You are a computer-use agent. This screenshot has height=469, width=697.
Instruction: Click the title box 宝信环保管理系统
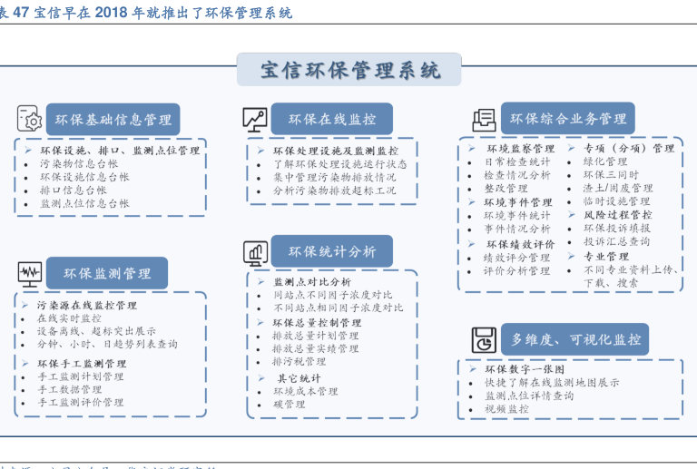[x=349, y=70]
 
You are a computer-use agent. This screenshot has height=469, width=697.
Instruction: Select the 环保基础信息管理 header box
[x=113, y=120]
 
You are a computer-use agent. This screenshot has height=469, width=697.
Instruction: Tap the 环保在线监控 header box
[x=332, y=120]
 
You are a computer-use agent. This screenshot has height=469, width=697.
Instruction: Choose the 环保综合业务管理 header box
[x=568, y=119]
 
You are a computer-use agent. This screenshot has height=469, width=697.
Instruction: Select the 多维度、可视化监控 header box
[x=575, y=339]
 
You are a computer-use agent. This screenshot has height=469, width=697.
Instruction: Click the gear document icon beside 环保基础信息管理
[x=30, y=120]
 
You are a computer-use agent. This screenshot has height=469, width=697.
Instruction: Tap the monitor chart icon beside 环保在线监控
[x=254, y=120]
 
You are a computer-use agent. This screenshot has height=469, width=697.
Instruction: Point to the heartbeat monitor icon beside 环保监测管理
[x=30, y=273]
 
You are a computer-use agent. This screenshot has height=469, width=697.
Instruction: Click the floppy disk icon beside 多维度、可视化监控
[x=483, y=340]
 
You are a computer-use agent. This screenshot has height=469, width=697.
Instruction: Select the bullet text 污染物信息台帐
[x=79, y=164]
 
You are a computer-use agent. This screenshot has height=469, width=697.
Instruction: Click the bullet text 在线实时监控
[x=70, y=318]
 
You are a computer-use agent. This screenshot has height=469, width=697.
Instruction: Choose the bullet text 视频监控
[x=506, y=409]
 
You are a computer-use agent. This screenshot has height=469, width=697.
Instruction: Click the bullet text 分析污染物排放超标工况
[x=334, y=191]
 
